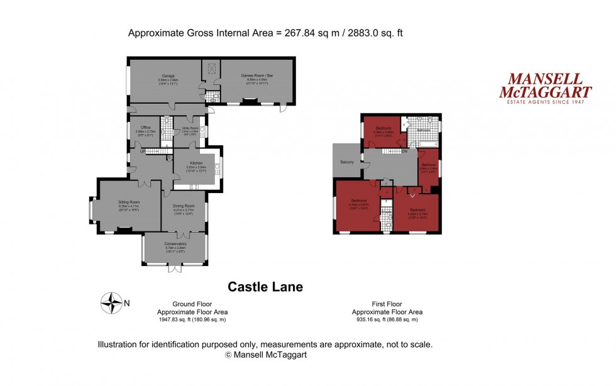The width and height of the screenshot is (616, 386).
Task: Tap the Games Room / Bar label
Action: pos(258,75)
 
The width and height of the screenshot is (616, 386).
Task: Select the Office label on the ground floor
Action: pos(145,128)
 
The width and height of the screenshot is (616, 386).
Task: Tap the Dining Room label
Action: pos(184,206)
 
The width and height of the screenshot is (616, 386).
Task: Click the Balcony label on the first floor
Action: pos(348,162)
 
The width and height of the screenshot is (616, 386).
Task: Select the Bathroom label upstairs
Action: pos(424,130)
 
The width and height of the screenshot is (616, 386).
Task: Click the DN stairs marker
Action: pos(404,152)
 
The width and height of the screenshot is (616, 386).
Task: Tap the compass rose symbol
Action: pos(111,304)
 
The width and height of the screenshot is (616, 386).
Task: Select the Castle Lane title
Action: pos(265,287)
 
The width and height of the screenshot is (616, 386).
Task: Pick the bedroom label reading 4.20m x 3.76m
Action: pos(418,211)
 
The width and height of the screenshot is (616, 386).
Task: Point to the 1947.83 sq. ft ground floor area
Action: pos(192,319)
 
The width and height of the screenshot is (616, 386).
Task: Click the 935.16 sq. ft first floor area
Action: pos(387,319)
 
